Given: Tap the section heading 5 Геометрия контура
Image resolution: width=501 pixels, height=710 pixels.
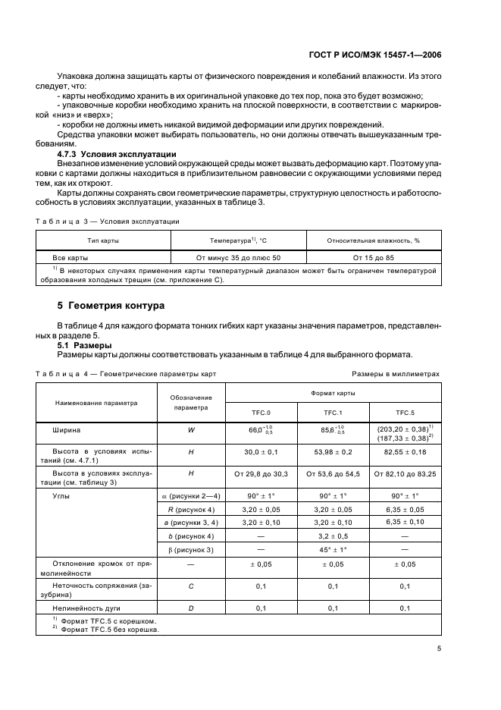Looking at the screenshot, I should click(111, 307).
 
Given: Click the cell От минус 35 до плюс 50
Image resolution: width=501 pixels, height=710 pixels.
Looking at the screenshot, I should click(238, 257).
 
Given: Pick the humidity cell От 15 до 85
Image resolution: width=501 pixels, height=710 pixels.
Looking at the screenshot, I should click(374, 257).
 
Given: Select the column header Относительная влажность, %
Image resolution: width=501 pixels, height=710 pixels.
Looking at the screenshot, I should click(374, 240).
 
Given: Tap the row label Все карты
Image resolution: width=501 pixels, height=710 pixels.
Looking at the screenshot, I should click(65, 257).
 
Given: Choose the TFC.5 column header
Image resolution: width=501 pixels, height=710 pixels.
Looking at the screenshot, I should click(405, 413).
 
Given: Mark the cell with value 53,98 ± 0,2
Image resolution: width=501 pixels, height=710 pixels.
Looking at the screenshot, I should click(333, 452).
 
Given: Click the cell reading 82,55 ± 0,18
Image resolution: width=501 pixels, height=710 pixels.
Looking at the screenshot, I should click(405, 452).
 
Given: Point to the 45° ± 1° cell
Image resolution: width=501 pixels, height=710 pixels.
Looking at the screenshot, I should click(333, 549).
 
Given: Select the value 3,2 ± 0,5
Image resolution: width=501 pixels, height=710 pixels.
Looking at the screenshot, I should click(333, 535).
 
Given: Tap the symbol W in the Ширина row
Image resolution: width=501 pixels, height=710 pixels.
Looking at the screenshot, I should click(190, 430).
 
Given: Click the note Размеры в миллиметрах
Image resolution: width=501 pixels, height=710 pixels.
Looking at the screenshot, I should click(396, 374).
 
